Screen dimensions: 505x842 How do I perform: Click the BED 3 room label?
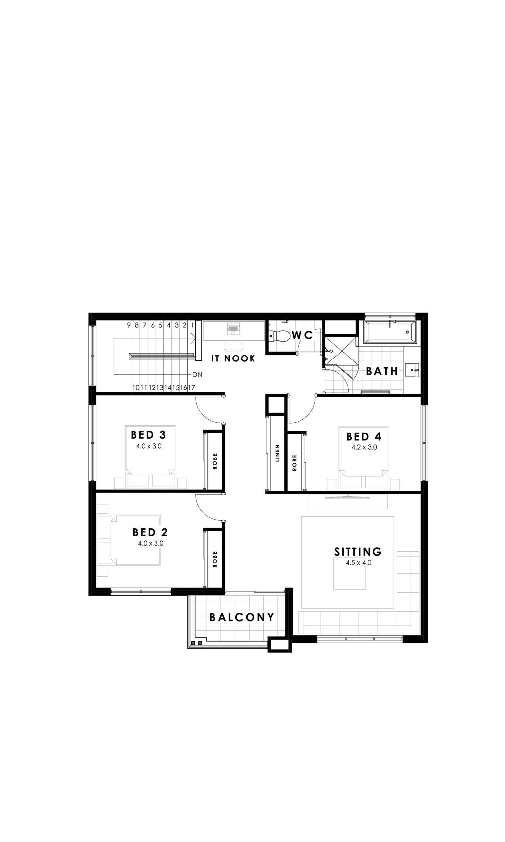click(148, 434)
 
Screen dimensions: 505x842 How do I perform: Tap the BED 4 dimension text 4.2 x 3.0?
click(364, 447)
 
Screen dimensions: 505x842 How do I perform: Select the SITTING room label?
click(358, 552)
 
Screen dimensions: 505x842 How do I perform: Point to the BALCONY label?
click(242, 617)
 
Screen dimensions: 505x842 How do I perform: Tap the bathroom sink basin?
click(412, 370)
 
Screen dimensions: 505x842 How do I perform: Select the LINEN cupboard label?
click(277, 453)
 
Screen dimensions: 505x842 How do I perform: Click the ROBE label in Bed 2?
click(215, 559)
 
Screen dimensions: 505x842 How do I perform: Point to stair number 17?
click(192, 388)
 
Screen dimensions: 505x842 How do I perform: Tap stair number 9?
click(129, 325)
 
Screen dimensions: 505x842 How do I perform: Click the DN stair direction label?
click(197, 375)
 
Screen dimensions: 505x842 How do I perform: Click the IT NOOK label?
click(233, 359)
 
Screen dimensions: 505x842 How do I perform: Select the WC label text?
click(302, 335)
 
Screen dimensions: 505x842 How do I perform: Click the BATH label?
click(382, 371)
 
